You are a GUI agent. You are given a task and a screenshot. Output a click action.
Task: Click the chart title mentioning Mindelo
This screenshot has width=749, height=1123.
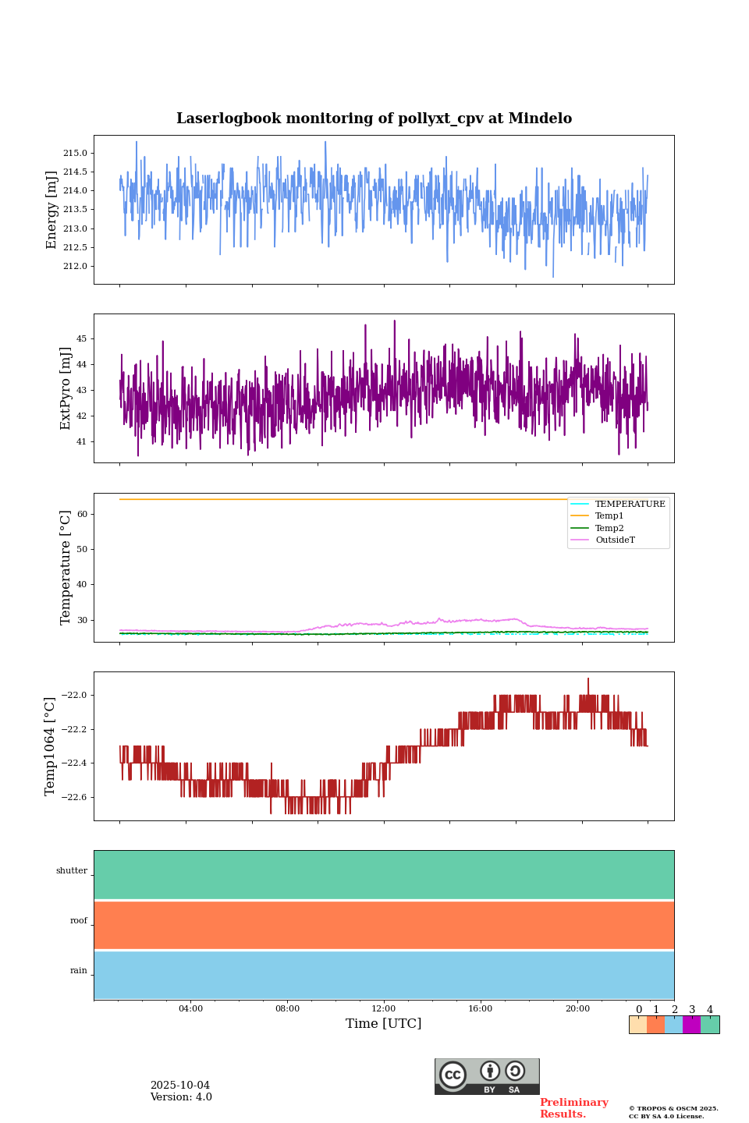tap(374, 119)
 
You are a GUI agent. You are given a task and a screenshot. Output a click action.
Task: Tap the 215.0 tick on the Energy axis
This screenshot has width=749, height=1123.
tap(75, 153)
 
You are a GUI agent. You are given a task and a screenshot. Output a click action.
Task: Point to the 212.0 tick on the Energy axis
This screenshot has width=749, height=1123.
tap(75, 266)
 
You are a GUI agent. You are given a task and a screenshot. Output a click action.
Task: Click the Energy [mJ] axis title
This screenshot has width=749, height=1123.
tap(51, 210)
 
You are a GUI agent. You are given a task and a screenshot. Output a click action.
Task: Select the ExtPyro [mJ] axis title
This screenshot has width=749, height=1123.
tap(66, 388)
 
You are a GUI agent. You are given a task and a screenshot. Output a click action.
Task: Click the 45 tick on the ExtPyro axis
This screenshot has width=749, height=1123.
tap(81, 338)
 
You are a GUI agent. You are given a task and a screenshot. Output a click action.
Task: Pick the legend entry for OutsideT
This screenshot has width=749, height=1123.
tap(615, 540)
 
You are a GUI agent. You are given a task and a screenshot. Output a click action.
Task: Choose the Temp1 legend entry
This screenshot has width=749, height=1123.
tap(609, 516)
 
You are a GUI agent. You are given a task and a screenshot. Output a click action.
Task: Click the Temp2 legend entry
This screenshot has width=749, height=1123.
tap(609, 528)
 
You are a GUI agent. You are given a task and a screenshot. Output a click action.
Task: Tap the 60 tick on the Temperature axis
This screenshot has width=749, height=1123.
tap(81, 514)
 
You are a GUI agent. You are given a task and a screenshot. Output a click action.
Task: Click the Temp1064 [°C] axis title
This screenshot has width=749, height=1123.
tap(51, 746)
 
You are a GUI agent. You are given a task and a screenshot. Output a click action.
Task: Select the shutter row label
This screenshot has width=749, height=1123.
tap(72, 871)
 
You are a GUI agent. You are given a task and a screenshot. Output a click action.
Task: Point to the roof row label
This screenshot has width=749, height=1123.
tap(79, 921)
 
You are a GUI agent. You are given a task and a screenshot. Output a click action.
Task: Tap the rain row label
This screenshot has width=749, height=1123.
tap(79, 971)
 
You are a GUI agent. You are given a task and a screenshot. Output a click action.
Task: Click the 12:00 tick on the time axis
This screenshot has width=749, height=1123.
tap(384, 1008)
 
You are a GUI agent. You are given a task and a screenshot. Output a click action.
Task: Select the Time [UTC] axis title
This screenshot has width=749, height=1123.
tap(384, 1023)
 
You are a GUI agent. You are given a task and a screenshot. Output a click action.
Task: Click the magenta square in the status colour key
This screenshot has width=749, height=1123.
tap(691, 1025)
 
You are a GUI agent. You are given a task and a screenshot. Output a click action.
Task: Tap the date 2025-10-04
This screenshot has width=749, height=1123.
tap(180, 1086)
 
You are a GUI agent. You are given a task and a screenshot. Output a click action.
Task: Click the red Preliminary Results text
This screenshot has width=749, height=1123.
tap(573, 1108)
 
